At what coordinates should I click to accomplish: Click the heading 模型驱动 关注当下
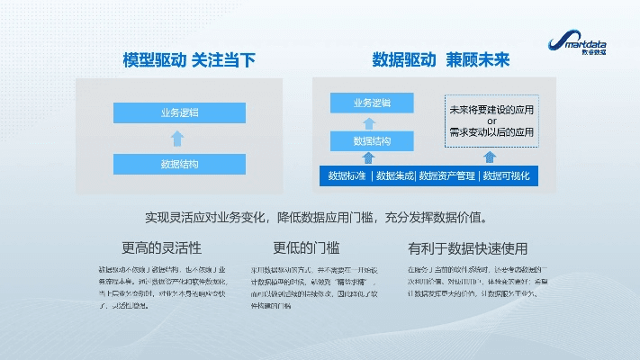click(x=189, y=60)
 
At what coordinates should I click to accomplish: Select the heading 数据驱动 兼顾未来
click(x=440, y=60)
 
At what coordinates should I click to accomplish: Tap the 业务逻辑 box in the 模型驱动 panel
click(x=179, y=112)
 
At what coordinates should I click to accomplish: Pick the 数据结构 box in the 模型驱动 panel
click(x=179, y=165)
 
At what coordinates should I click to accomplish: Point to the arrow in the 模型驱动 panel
click(x=178, y=139)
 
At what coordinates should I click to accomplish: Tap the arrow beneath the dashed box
click(x=491, y=157)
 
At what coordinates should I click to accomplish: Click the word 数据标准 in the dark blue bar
click(x=347, y=175)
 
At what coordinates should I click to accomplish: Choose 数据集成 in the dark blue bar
click(x=394, y=175)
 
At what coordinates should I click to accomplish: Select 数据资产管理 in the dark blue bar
click(x=446, y=175)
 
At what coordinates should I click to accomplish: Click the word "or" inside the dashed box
click(x=491, y=121)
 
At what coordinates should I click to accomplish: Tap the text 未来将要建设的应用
click(x=491, y=110)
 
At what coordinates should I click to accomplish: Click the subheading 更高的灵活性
click(x=161, y=247)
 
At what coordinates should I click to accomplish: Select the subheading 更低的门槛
click(x=306, y=247)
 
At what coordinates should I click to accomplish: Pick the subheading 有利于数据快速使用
click(x=467, y=247)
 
